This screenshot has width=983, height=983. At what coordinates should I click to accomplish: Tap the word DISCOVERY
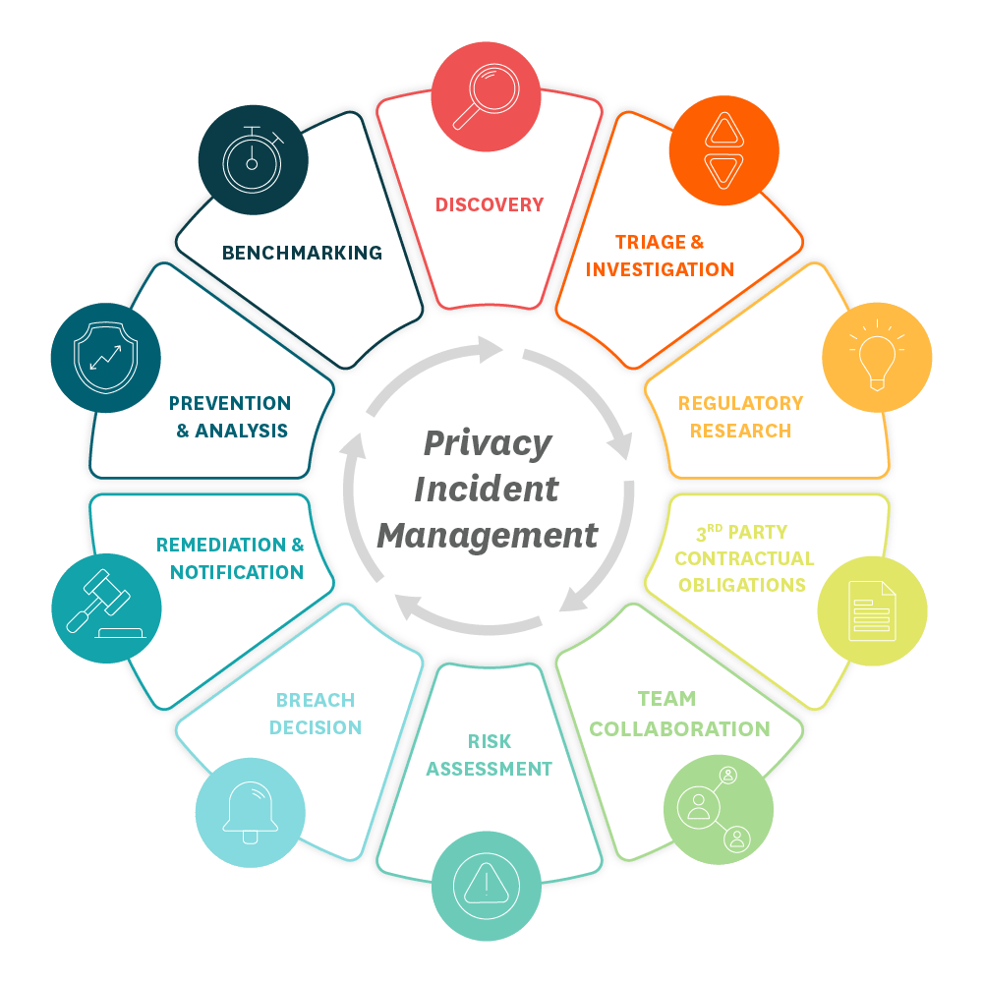[x=490, y=204]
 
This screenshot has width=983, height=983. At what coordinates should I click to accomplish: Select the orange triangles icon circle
[x=723, y=150]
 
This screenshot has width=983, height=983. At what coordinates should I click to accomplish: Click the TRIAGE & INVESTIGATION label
[x=660, y=256]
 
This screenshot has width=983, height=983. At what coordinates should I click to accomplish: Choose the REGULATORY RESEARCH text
[x=740, y=417]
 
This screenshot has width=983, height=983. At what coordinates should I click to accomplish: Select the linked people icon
[x=719, y=807]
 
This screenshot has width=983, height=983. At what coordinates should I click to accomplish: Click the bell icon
[x=250, y=812]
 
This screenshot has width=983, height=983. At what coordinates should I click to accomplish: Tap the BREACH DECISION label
[x=316, y=714]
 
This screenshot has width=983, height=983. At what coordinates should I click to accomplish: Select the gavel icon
[x=105, y=610]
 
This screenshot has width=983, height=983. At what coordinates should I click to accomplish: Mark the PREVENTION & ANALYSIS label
[x=231, y=417]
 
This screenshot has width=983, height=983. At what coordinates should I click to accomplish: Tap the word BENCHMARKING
[x=302, y=253]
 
